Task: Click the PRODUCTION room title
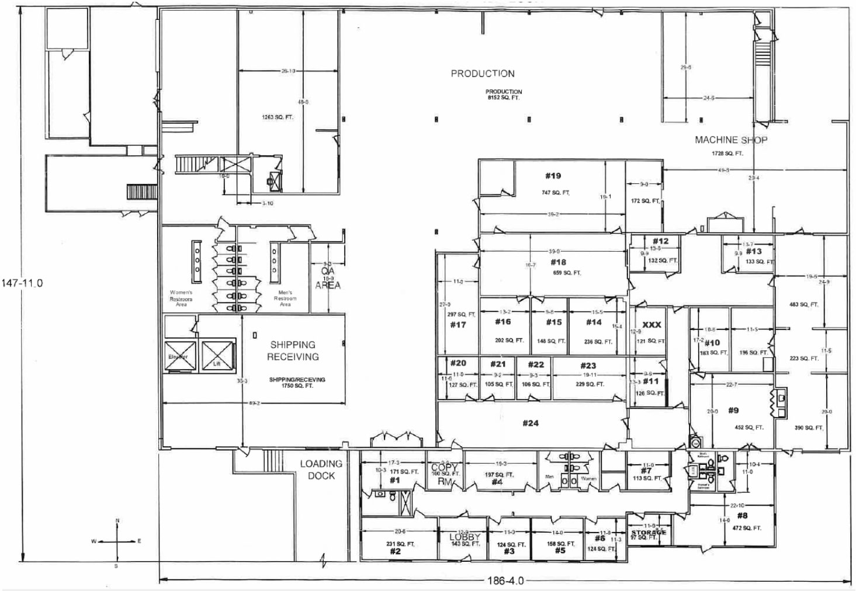coord(482,74)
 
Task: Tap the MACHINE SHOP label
coord(730,140)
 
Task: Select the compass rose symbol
coord(117,542)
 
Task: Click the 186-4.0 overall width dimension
coord(505,581)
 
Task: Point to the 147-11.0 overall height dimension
coord(22,283)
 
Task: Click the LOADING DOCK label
coord(321,470)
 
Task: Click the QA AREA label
coord(328,279)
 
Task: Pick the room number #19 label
coord(553,176)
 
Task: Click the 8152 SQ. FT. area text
coord(503,98)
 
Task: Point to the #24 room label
coord(531,423)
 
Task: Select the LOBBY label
coord(465,537)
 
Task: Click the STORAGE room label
coord(649,533)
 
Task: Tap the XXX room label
coord(651,325)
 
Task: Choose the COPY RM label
coord(445,474)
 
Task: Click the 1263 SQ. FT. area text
coord(278,117)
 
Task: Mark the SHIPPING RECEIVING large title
coord(293,350)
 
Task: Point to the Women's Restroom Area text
coord(181,298)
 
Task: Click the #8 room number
coord(742,516)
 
